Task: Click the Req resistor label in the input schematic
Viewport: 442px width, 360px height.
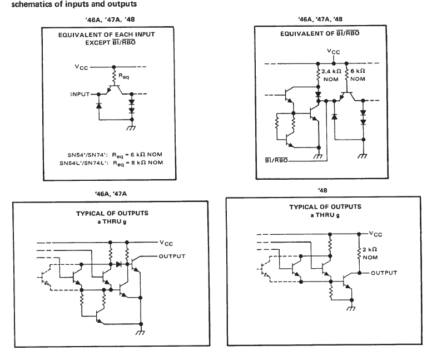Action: pyautogui.click(x=123, y=78)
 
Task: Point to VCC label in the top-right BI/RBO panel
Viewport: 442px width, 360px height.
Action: pyautogui.click(x=333, y=53)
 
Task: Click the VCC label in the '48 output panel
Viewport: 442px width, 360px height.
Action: pyautogui.click(x=378, y=233)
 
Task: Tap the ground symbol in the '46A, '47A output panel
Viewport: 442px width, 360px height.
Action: pyautogui.click(x=142, y=332)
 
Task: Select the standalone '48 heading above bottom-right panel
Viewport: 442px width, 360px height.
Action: pyautogui.click(x=322, y=191)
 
